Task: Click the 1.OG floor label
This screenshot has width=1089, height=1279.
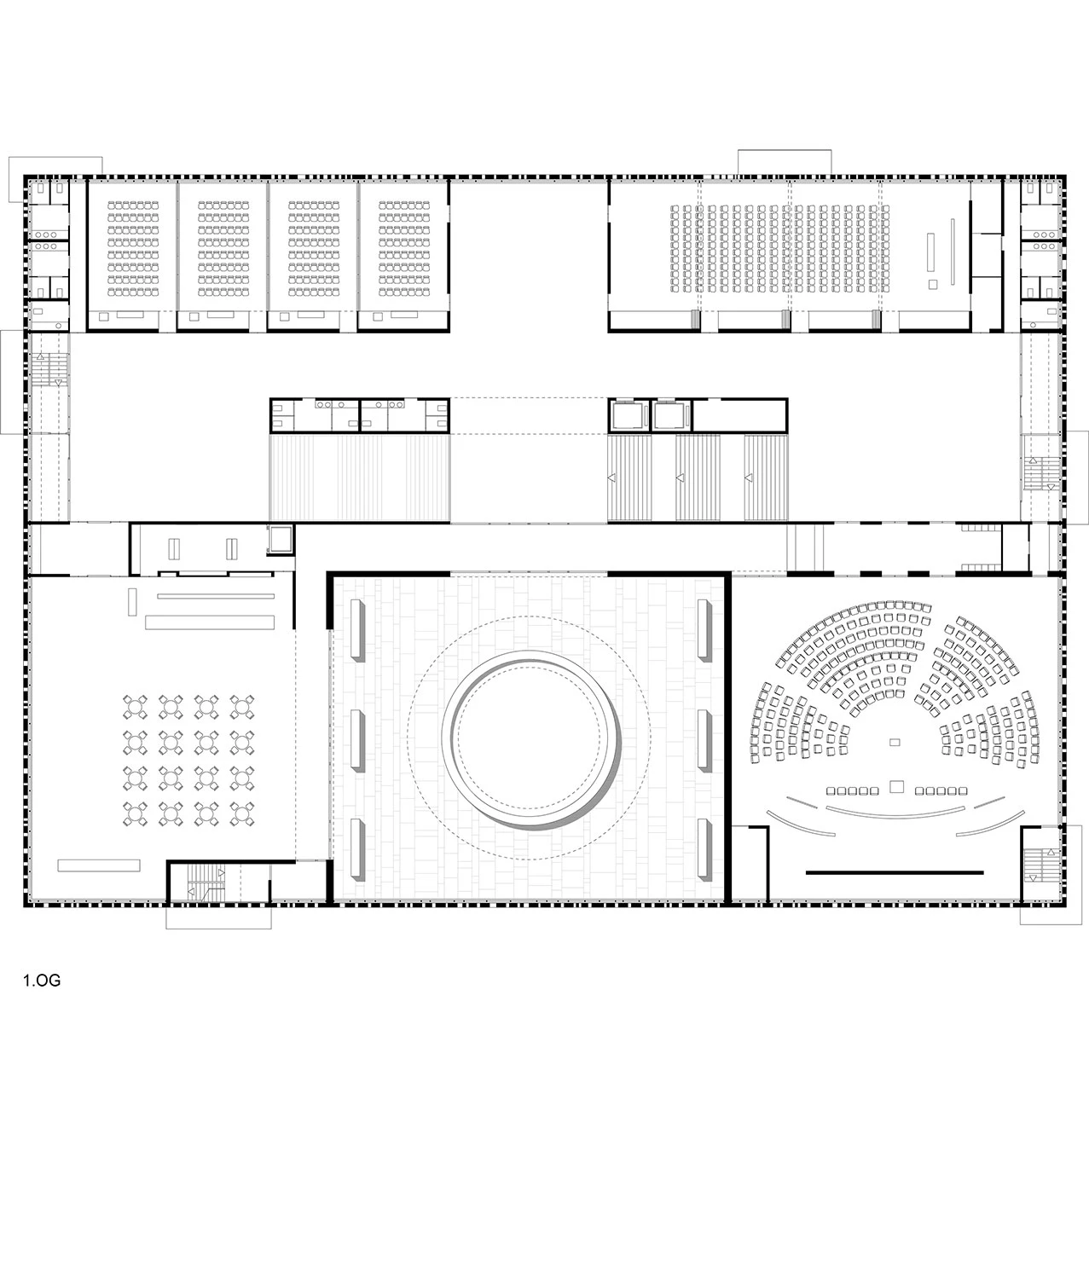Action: click(42, 981)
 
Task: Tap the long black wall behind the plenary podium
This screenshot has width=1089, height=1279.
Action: click(895, 872)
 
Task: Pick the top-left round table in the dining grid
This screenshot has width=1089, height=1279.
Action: click(136, 707)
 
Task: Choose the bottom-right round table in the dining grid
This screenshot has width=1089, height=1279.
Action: click(242, 814)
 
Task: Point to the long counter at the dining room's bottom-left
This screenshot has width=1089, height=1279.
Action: click(99, 865)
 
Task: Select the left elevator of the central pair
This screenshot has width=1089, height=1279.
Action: click(628, 416)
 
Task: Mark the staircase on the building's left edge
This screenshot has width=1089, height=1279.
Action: click(49, 369)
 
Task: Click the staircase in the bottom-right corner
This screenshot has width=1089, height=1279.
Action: click(1041, 865)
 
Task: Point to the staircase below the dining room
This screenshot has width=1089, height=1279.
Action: click(206, 883)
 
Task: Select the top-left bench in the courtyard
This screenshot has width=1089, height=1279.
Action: click(357, 630)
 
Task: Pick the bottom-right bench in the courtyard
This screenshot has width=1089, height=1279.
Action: click(704, 849)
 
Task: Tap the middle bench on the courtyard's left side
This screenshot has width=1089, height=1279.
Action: click(357, 740)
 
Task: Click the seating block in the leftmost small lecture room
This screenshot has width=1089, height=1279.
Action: click(133, 249)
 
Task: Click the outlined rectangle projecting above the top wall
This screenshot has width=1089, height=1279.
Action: click(784, 162)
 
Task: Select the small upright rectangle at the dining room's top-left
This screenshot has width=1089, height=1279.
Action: click(132, 602)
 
